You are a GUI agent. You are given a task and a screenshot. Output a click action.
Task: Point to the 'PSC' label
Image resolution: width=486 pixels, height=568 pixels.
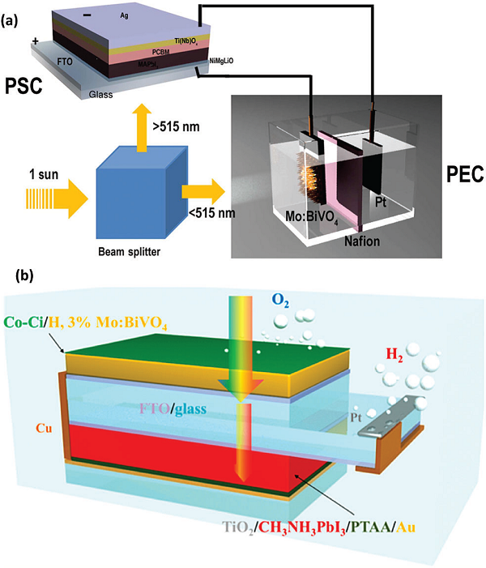pyautogui.click(x=26, y=83)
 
